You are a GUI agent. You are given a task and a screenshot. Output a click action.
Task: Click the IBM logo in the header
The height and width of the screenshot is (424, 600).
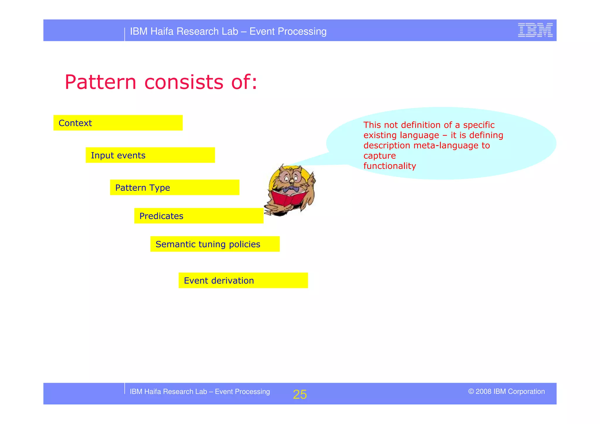click(535, 30)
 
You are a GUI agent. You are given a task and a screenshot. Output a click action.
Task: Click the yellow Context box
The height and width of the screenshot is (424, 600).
click(118, 123)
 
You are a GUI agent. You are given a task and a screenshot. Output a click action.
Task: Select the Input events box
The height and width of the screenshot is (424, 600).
click(150, 155)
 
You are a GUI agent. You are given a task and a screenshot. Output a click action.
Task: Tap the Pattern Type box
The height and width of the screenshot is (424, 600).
click(175, 187)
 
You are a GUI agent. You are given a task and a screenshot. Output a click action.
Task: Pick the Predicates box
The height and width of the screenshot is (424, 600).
click(199, 216)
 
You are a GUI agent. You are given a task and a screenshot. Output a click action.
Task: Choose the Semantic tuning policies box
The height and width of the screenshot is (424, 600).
click(215, 244)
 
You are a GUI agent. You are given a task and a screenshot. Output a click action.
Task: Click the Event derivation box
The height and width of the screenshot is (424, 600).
click(243, 280)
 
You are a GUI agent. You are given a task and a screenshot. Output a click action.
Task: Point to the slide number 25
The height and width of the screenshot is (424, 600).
click(300, 394)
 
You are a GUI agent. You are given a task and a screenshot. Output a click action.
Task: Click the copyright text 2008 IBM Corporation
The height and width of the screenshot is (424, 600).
click(506, 391)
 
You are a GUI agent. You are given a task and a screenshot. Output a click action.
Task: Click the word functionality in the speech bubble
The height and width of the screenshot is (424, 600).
click(389, 166)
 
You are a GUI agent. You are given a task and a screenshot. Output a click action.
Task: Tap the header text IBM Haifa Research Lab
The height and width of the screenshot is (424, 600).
click(184, 31)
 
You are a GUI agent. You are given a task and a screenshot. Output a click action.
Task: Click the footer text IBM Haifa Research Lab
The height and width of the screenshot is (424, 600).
click(168, 391)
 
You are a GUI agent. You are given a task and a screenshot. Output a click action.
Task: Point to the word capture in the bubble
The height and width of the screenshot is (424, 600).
click(379, 156)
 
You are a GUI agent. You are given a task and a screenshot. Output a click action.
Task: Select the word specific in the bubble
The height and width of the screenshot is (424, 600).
click(478, 125)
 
